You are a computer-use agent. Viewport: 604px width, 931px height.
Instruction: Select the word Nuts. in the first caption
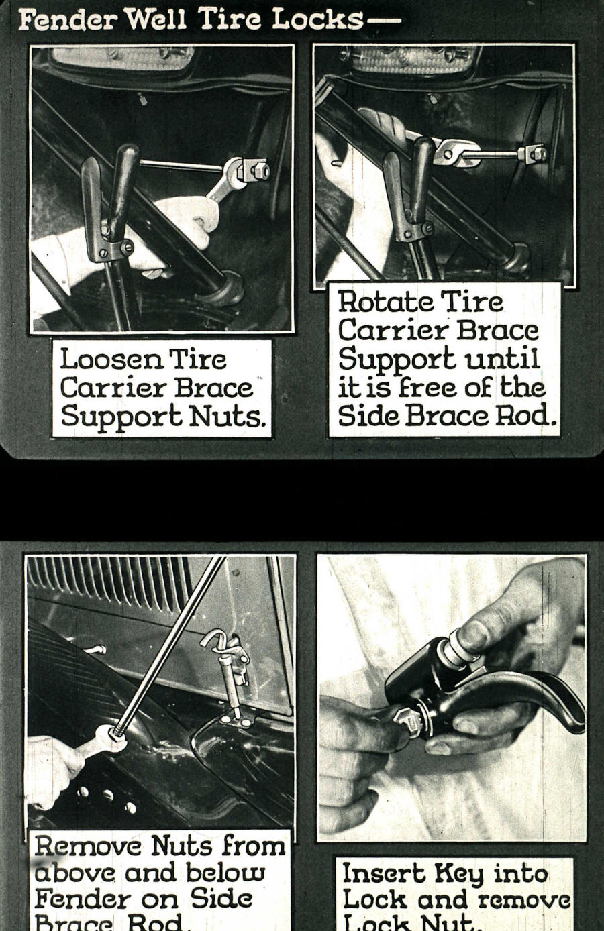tap(228, 417)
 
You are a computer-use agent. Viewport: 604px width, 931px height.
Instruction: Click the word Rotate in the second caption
tap(376, 301)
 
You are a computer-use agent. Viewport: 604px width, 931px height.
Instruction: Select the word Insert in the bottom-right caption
tap(383, 873)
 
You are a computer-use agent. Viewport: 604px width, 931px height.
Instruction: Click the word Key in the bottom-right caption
tap(458, 874)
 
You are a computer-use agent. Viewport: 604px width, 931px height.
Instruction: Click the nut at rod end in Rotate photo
tap(534, 154)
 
